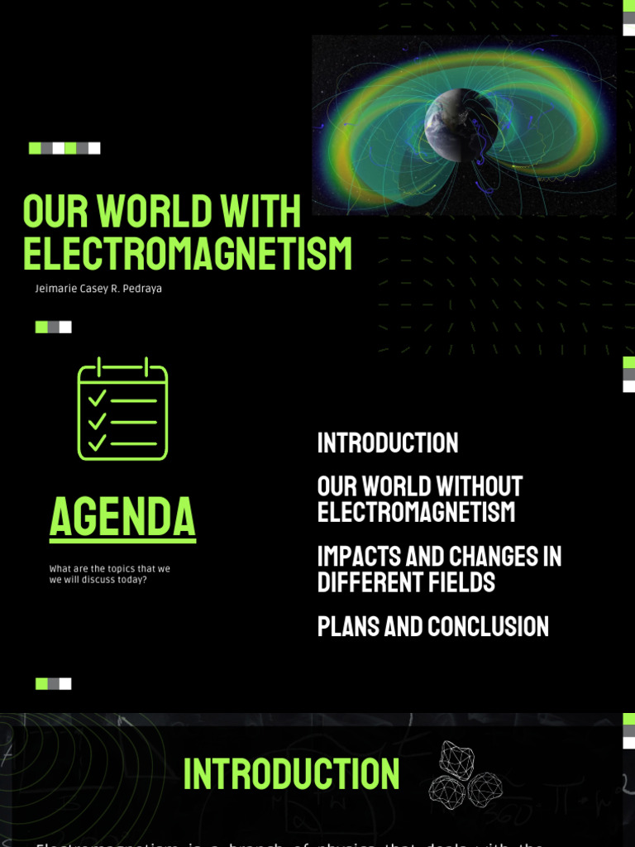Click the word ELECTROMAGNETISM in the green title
188,254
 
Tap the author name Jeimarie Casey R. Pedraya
98,289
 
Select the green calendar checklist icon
122,409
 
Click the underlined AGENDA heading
122,517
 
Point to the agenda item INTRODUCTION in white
387,443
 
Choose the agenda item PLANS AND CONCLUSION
432,626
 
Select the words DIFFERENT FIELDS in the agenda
406,582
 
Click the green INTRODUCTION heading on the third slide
291,773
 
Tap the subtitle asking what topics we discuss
109,574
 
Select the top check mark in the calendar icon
98,399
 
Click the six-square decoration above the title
64,148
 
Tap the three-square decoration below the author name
53,327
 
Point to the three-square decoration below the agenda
53,683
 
